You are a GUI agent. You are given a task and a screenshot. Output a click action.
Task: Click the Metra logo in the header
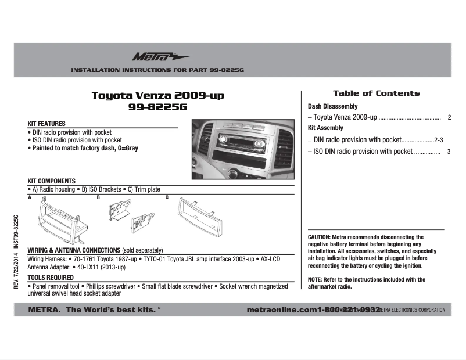point(153,57)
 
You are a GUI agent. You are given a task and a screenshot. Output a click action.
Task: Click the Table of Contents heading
point(376,93)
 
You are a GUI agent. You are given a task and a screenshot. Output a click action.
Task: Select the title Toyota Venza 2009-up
point(158,96)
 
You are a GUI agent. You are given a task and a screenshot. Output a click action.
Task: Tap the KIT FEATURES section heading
point(46,124)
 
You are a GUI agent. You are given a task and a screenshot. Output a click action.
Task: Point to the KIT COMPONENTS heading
point(52,181)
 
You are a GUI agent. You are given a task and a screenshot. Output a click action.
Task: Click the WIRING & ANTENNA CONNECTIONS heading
point(74,249)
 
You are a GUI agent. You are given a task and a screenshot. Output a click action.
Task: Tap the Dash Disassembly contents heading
point(332,107)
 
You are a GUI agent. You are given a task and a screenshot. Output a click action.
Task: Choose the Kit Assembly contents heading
point(325,128)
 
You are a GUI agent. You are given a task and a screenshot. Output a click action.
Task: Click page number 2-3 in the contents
point(439,140)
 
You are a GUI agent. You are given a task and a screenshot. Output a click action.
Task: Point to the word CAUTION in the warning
point(319,237)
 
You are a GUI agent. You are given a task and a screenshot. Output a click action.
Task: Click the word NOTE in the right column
point(315,279)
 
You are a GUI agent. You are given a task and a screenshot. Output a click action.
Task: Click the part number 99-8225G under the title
point(158,107)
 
